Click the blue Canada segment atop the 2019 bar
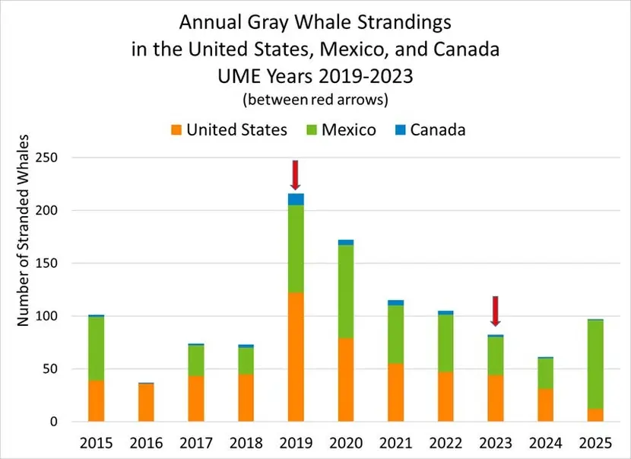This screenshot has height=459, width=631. click(x=296, y=199)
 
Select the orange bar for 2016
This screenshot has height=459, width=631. click(x=146, y=402)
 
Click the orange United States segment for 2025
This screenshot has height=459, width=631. click(x=595, y=415)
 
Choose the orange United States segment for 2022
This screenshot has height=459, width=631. click(x=446, y=396)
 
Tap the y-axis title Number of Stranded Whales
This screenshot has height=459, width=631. click(x=25, y=231)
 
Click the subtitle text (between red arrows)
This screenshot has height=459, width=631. click(x=316, y=100)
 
